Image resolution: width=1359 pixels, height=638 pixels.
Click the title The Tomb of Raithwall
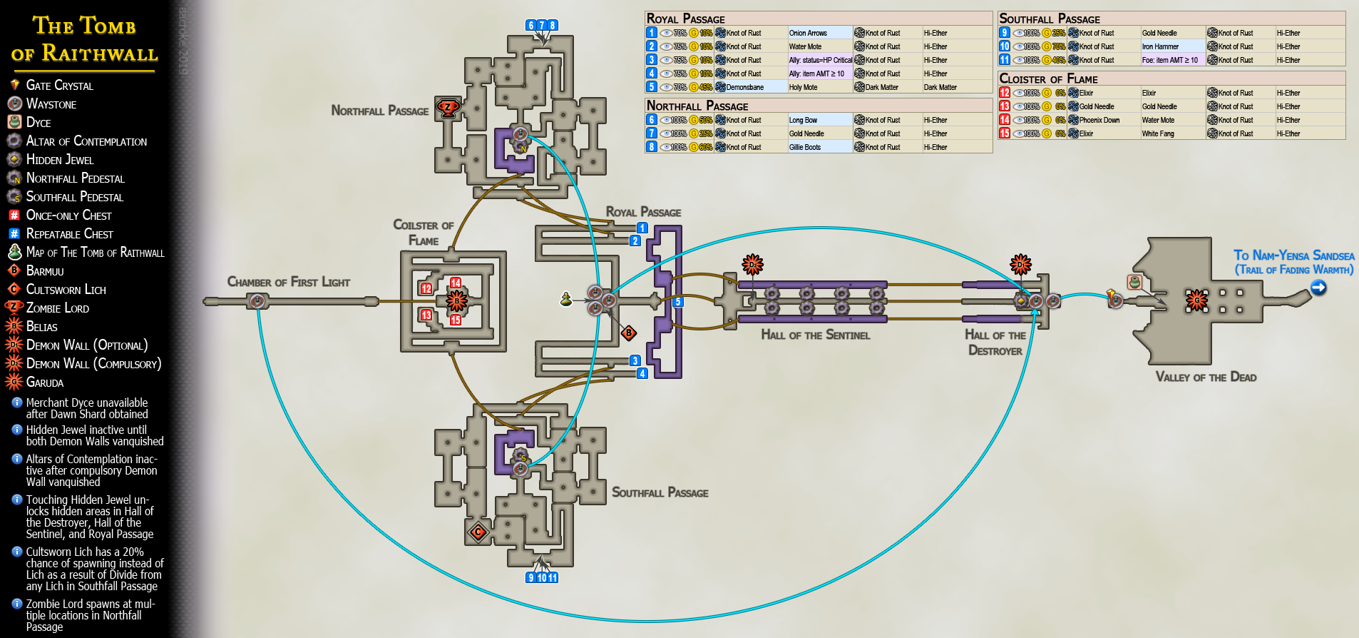tap(84, 39)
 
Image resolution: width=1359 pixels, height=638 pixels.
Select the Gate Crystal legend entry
tap(59, 86)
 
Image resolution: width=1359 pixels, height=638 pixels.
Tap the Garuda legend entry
tap(44, 383)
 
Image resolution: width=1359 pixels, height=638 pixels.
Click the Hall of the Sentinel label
tap(815, 335)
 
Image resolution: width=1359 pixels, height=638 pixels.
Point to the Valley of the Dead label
tap(1206, 377)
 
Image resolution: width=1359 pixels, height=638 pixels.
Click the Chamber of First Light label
tap(288, 282)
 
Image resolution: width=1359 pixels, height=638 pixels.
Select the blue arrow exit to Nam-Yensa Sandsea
tap(1318, 288)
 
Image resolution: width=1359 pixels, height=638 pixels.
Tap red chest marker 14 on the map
tap(456, 283)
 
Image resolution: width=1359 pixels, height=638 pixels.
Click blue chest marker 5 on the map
tap(678, 302)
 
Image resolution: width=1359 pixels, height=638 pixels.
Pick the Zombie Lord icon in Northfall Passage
tap(448, 108)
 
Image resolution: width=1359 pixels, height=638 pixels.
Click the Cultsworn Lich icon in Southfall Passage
tap(478, 531)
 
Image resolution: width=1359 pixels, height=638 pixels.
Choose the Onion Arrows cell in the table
tap(808, 33)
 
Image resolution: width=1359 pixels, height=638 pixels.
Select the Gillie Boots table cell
tap(805, 147)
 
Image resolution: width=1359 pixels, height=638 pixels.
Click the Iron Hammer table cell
tap(1160, 46)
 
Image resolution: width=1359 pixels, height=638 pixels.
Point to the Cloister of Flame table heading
tap(1048, 79)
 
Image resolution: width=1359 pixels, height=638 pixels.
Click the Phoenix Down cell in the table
tap(1099, 120)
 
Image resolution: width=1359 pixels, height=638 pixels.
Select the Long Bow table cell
tap(803, 120)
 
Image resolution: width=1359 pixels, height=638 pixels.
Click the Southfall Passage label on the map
tap(660, 492)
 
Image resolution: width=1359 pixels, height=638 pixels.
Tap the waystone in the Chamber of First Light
tap(257, 301)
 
